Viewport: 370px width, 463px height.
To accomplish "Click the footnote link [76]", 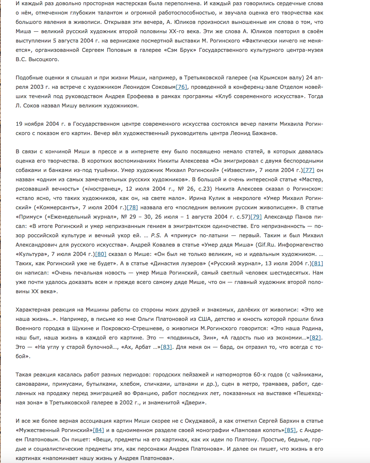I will click(181, 87).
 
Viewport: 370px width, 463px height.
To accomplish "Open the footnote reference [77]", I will click(309, 170).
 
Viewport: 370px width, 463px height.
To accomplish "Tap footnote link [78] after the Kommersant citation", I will click(132, 207).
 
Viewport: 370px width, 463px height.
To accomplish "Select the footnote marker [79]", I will click(256, 217).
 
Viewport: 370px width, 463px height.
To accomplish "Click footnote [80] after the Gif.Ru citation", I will click(101, 254).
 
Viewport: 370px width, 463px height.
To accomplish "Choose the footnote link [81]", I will click(317, 263).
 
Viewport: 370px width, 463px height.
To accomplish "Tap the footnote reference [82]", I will click(315, 338).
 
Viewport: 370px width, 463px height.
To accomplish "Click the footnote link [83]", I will click(166, 347).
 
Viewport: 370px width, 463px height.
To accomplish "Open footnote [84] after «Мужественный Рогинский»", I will click(98, 430).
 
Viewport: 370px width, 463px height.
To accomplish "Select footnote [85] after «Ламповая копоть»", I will click(290, 430).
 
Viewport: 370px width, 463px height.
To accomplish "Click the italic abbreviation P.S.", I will click(155, 235).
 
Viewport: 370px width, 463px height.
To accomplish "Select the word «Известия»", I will click(236, 170).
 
